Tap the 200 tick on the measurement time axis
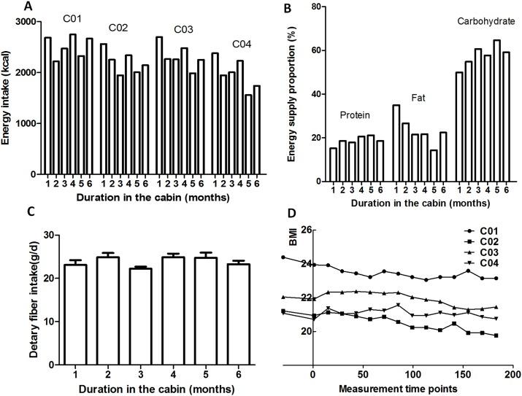click(512, 374)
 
